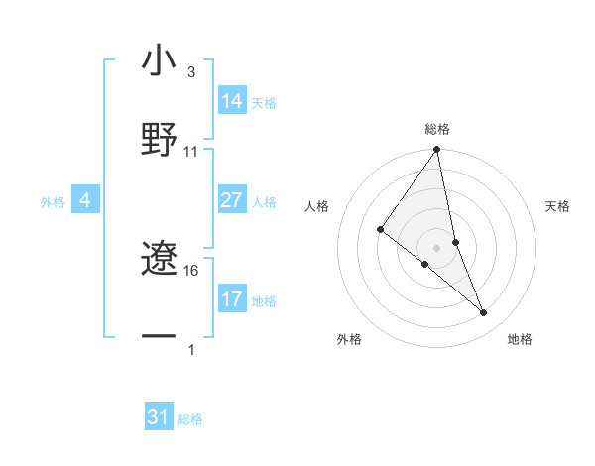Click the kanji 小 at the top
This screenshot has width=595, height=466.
click(159, 61)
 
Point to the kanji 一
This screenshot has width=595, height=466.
click(159, 337)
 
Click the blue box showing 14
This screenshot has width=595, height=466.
click(232, 101)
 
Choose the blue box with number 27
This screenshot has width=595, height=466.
click(232, 200)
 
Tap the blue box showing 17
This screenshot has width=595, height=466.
click(232, 299)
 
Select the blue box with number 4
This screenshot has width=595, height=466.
click(84, 201)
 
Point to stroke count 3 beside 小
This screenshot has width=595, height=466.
click(190, 72)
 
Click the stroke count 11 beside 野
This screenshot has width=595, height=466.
click(191, 152)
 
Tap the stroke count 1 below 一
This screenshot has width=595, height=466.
click(190, 350)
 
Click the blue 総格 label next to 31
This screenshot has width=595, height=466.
click(190, 419)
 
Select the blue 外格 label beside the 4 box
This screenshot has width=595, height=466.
click(53, 202)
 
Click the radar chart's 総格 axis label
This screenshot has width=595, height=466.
click(437, 129)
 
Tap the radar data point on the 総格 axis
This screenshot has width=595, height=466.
click(436, 151)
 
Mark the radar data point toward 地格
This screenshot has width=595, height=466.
click(483, 312)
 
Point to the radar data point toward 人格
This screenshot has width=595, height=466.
click(380, 230)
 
